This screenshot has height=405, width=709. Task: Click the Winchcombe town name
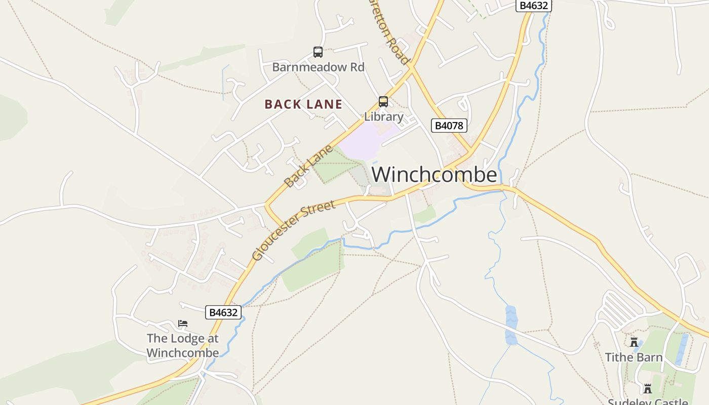[434, 175]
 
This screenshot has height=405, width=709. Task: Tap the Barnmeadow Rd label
[318, 67]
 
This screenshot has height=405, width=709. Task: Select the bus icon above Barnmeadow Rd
[318, 52]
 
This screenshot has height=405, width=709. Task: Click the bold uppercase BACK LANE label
[303, 104]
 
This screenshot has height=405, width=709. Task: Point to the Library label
[384, 116]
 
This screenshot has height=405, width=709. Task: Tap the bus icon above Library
[383, 101]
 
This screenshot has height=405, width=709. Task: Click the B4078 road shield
[449, 126]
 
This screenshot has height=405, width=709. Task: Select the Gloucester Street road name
[293, 230]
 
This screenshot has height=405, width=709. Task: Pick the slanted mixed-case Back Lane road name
[308, 166]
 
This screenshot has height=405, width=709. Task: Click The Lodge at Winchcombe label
[183, 345]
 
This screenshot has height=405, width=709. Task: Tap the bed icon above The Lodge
[183, 323]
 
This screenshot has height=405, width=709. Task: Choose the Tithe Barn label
[634, 357]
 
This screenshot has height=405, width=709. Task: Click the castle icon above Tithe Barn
[634, 342]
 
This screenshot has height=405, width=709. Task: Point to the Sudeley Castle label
[647, 401]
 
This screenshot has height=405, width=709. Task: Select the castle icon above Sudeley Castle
[647, 389]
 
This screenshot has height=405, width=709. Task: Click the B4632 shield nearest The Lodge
[223, 312]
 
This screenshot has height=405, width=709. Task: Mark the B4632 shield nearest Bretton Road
[534, 6]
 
